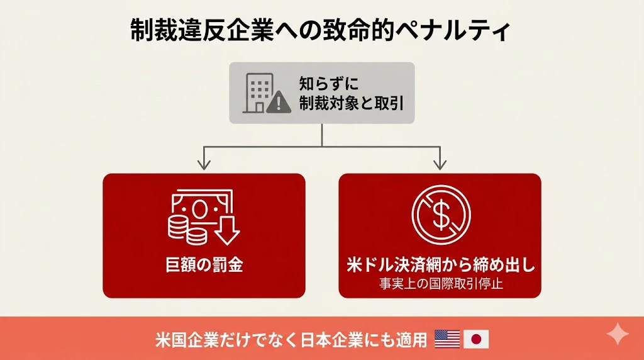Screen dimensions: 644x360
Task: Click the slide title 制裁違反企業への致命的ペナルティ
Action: pos(320,30)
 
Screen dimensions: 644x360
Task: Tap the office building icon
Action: pos(257,93)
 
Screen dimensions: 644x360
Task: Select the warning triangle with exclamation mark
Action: pos(279,102)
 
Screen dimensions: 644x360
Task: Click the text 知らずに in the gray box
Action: pos(328,84)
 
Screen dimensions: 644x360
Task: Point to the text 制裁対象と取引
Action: pos(351,103)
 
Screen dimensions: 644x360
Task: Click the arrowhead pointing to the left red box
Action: pos(204,164)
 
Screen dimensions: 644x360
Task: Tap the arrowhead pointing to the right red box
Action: pos(440,164)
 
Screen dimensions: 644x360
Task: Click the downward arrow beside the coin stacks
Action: pos(227,230)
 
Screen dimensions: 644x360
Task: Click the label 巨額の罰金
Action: pos(204,265)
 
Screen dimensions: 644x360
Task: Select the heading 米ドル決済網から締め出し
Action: pos(441,265)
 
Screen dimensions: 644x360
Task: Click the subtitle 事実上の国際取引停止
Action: pos(441,284)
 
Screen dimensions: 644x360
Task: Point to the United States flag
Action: pos(447,339)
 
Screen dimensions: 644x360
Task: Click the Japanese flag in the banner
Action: pos(476,339)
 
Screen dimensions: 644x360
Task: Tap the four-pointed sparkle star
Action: pos(618,334)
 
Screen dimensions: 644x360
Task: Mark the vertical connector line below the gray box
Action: pos(321,135)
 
